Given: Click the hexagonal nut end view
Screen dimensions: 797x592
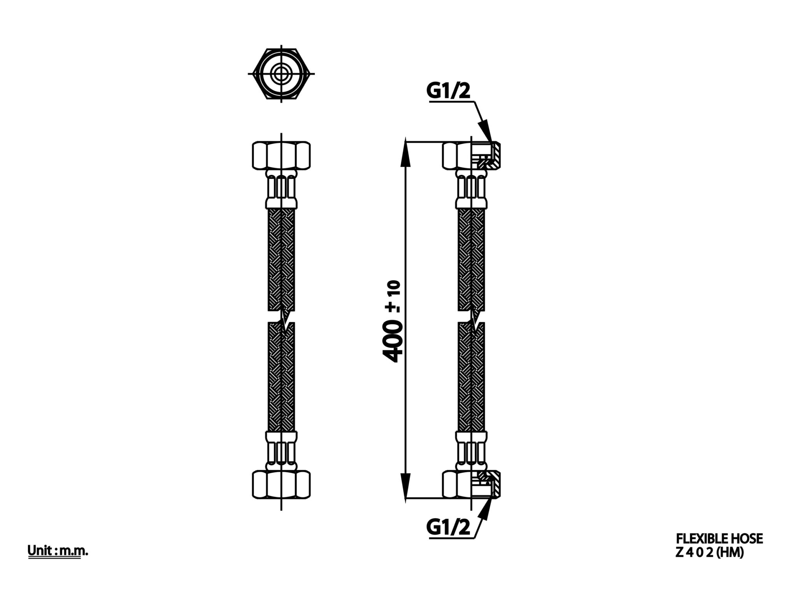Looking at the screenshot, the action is click(x=281, y=73).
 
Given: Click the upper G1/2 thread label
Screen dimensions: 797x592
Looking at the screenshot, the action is click(x=448, y=92).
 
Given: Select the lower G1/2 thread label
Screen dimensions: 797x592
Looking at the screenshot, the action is click(x=448, y=528).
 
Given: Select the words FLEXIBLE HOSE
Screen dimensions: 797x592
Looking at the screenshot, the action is click(x=720, y=539).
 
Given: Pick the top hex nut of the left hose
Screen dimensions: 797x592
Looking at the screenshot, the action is click(x=281, y=156).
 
